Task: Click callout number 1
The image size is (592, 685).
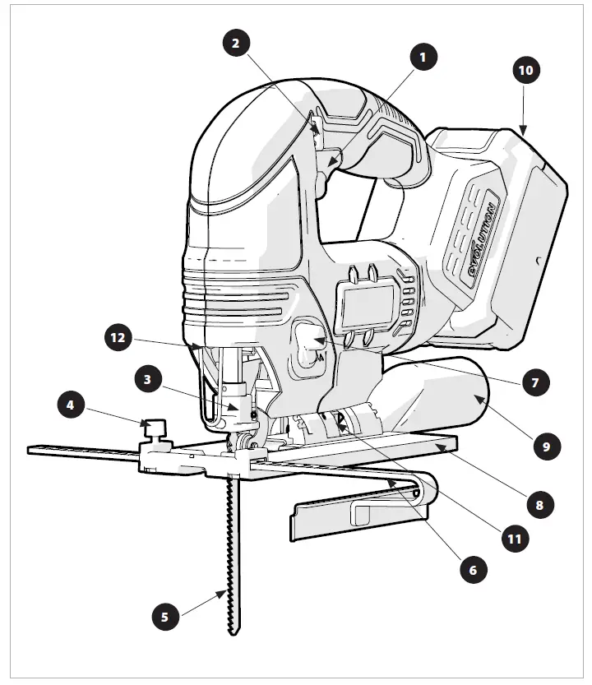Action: [423, 58]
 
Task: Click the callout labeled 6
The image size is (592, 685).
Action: [473, 569]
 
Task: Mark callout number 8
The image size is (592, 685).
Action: [539, 503]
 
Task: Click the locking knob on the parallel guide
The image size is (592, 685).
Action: [154, 428]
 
